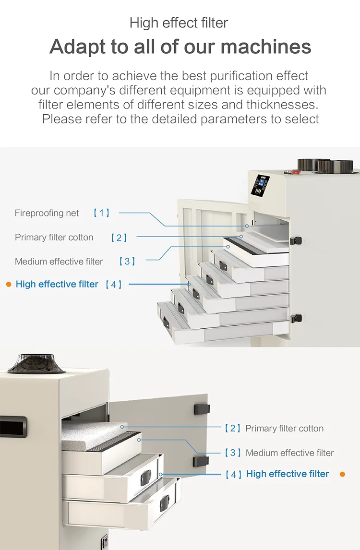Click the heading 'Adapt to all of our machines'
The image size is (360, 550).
[180, 47]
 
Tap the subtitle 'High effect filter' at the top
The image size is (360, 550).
[179, 23]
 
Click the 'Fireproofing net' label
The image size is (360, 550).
[47, 213]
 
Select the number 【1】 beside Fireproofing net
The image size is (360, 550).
[101, 213]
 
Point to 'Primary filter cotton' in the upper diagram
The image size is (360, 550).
[54, 238]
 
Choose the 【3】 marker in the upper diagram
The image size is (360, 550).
[127, 261]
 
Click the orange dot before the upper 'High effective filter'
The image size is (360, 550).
[9, 285]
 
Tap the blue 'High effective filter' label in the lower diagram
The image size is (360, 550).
[288, 474]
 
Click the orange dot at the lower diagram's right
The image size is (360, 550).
[342, 474]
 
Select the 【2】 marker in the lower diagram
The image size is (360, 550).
[233, 428]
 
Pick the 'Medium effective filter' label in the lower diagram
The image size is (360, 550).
[289, 453]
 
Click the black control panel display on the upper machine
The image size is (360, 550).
[260, 184]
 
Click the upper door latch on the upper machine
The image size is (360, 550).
[296, 240]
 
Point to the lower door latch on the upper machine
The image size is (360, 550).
[296, 319]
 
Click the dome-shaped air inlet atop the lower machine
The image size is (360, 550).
[36, 364]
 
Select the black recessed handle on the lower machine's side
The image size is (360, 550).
[13, 427]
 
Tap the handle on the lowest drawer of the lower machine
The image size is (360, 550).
[164, 502]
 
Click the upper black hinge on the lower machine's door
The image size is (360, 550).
[202, 408]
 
